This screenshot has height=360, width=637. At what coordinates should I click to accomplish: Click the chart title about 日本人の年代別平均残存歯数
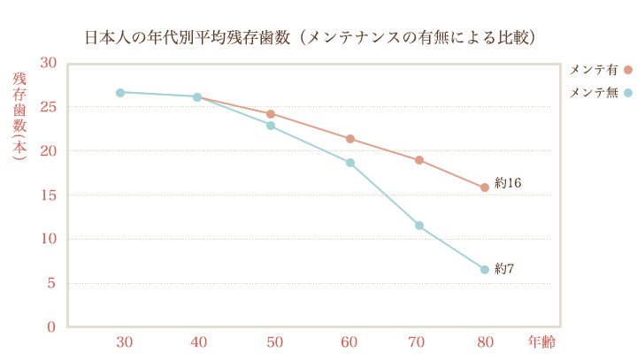[311, 38]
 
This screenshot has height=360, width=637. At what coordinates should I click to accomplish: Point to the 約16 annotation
[508, 183]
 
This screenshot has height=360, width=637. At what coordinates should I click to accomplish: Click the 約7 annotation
[504, 268]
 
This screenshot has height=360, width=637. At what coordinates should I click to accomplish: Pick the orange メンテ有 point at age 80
[485, 188]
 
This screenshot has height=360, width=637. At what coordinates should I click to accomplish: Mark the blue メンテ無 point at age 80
[485, 270]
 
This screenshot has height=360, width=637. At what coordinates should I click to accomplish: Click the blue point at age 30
[120, 92]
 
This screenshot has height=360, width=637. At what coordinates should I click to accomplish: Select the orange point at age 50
[271, 114]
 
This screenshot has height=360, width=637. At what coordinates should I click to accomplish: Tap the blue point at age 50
[271, 126]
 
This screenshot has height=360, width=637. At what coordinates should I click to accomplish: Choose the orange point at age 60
[350, 139]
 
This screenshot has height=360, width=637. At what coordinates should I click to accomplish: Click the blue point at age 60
[350, 163]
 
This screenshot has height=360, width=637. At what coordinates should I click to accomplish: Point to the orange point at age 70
[419, 160]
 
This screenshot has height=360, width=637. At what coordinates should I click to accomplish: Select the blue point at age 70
[419, 226]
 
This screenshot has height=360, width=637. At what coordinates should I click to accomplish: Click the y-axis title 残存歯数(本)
[19, 115]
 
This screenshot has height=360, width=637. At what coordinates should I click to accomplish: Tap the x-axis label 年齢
[541, 341]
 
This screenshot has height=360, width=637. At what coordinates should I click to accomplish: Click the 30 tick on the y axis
[48, 63]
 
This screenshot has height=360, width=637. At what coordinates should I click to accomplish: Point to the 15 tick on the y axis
[48, 195]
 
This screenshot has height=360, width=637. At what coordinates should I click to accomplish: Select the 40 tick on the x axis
[198, 341]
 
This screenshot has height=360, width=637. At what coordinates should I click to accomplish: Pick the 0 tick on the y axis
[51, 327]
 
